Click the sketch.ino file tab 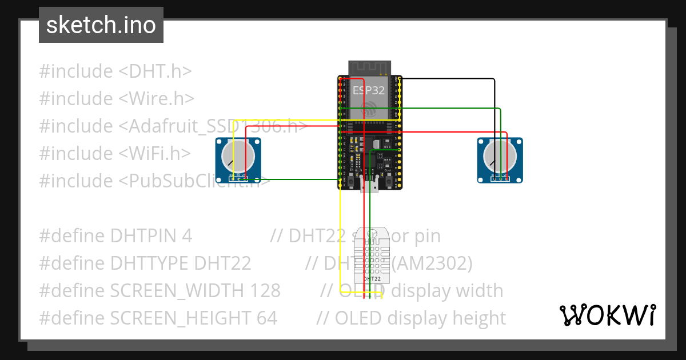click(x=101, y=25)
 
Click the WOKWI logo click(x=607, y=315)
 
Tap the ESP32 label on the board click(x=369, y=90)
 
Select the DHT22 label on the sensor click(x=372, y=278)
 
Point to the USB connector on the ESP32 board click(x=369, y=185)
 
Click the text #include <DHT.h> click(x=115, y=71)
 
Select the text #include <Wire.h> click(x=117, y=99)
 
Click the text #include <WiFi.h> click(x=115, y=154)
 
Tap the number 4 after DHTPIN click(x=188, y=236)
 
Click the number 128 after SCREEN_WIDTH click(x=265, y=291)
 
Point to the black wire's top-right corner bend click(x=494, y=79)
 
